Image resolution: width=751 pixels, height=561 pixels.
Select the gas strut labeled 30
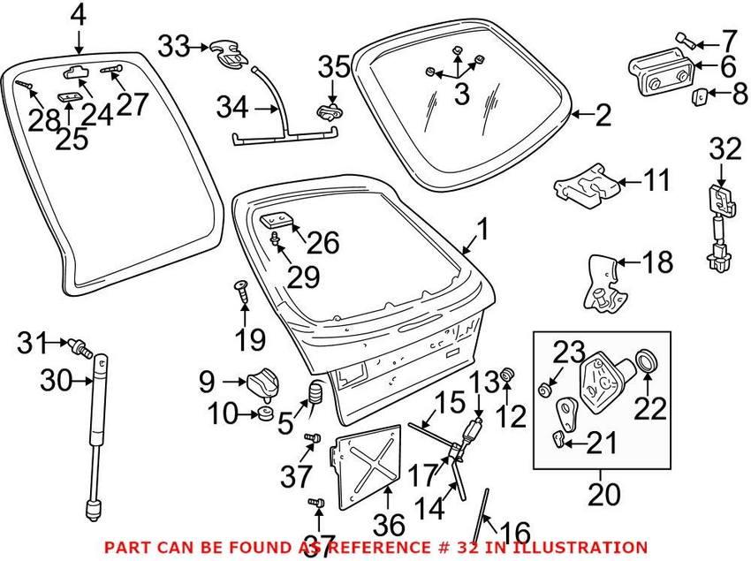95,433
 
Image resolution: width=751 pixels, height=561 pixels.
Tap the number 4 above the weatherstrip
78,16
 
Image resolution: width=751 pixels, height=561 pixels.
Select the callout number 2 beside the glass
602,114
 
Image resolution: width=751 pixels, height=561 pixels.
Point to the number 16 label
515,534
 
